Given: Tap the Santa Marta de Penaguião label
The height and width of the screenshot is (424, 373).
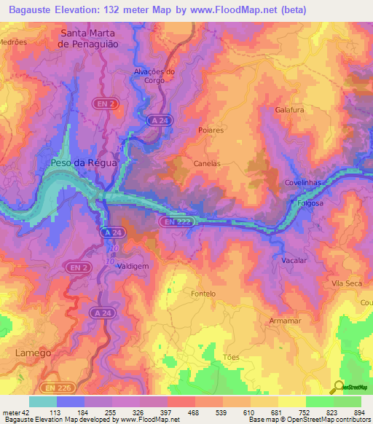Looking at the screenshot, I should pos(99,38).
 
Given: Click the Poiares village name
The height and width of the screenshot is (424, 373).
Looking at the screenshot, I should pos(211,130).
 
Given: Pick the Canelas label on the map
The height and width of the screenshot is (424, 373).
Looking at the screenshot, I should pos(207,164).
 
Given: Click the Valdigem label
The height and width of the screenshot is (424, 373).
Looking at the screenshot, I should pos(133,267).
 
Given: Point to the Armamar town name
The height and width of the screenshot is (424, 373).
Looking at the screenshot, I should pos(285,321).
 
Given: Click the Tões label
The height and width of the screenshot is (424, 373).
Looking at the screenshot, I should pos(231,357).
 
